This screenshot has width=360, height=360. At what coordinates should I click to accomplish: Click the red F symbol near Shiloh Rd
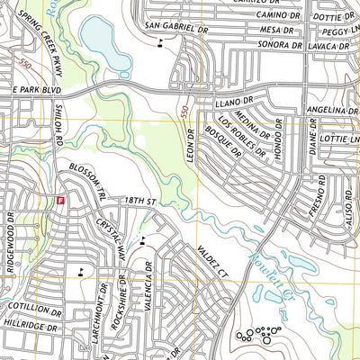click(60, 201)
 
